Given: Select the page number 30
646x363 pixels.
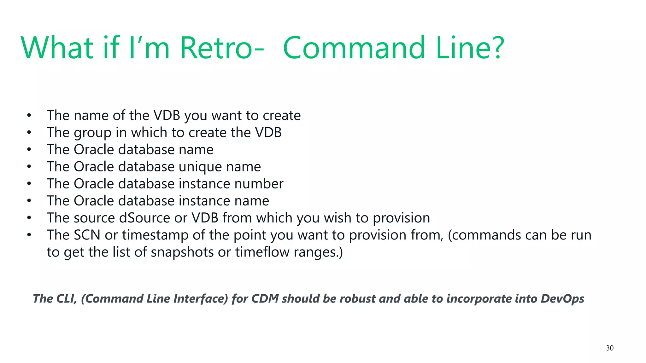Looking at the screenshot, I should coord(610,348).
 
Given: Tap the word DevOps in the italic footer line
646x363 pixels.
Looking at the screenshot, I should coord(562,299).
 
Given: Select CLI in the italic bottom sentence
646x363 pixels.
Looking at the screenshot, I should coord(67,299).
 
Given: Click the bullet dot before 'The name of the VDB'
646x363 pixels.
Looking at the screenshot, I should coord(29,116).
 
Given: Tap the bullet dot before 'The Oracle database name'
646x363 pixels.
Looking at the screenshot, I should coord(29,150).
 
